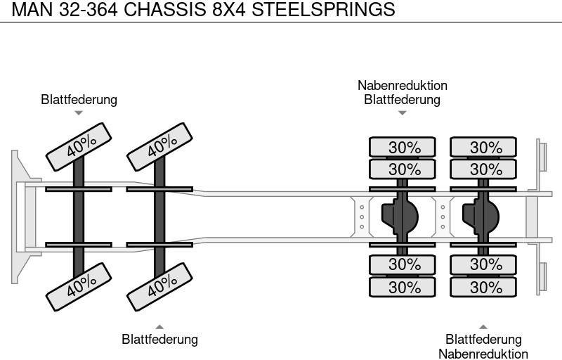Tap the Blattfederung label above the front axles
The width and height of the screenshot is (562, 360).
(79, 100)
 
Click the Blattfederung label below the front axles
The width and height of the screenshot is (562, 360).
(159, 340)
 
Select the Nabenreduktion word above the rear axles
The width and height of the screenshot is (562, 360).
(402, 85)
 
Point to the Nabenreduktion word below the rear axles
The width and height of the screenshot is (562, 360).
(483, 354)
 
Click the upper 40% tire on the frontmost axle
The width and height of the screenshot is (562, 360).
(79, 146)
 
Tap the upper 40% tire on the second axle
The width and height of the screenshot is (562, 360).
(160, 146)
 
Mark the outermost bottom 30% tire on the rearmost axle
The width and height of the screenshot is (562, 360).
(483, 287)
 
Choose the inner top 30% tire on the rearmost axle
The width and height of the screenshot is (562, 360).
(483, 169)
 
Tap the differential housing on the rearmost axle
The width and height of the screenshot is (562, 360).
(481, 217)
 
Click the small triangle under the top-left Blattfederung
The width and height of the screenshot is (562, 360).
(79, 112)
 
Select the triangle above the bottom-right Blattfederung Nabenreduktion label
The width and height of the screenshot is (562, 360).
(483, 326)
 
